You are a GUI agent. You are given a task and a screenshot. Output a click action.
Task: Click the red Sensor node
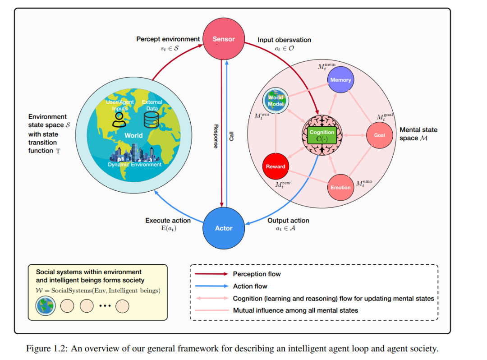(224, 39)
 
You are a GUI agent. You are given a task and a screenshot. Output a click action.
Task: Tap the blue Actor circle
(224, 228)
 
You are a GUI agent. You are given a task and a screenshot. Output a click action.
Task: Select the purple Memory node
(341, 79)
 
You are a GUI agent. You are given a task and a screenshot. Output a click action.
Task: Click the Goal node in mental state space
(380, 135)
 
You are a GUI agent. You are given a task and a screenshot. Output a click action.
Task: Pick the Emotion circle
(341, 187)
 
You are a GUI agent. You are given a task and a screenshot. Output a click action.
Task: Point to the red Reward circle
(276, 166)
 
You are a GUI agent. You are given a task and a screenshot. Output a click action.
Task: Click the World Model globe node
(276, 100)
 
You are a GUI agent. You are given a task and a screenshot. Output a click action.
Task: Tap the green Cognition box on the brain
(322, 135)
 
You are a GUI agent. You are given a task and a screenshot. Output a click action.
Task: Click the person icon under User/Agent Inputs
(119, 120)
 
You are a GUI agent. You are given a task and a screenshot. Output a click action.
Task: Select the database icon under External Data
(152, 120)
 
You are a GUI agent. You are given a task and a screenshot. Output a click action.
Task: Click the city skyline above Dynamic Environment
(132, 153)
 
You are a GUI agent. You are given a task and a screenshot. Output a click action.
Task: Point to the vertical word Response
(216, 136)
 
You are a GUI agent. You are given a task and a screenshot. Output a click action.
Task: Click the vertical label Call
(231, 136)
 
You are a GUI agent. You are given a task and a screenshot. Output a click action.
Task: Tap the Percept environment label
(168, 39)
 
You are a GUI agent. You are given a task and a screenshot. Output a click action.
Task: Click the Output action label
(288, 221)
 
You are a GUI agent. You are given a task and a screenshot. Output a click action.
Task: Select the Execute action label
(168, 221)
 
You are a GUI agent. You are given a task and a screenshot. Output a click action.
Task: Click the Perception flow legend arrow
(211, 274)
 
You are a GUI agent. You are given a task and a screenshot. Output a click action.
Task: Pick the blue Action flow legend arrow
(211, 286)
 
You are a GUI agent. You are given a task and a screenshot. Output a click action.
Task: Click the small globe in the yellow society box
(46, 306)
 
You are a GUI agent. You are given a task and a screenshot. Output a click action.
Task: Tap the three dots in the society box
(105, 306)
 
